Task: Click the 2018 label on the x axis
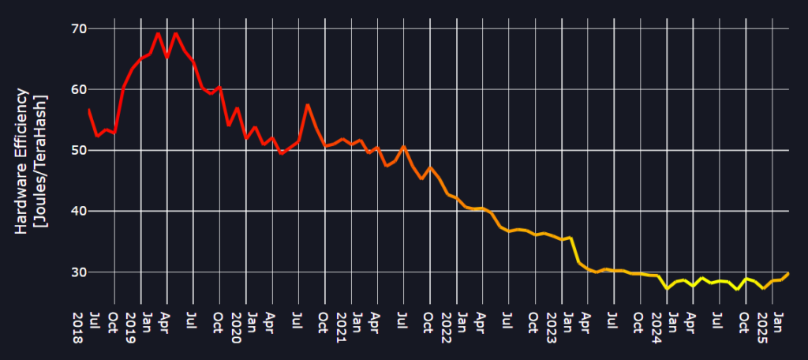(x=77, y=326)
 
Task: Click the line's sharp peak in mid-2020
(x=308, y=105)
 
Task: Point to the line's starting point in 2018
(x=88, y=109)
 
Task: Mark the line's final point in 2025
(x=788, y=273)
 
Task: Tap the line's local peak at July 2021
(x=403, y=146)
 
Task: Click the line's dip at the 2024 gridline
(x=668, y=289)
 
